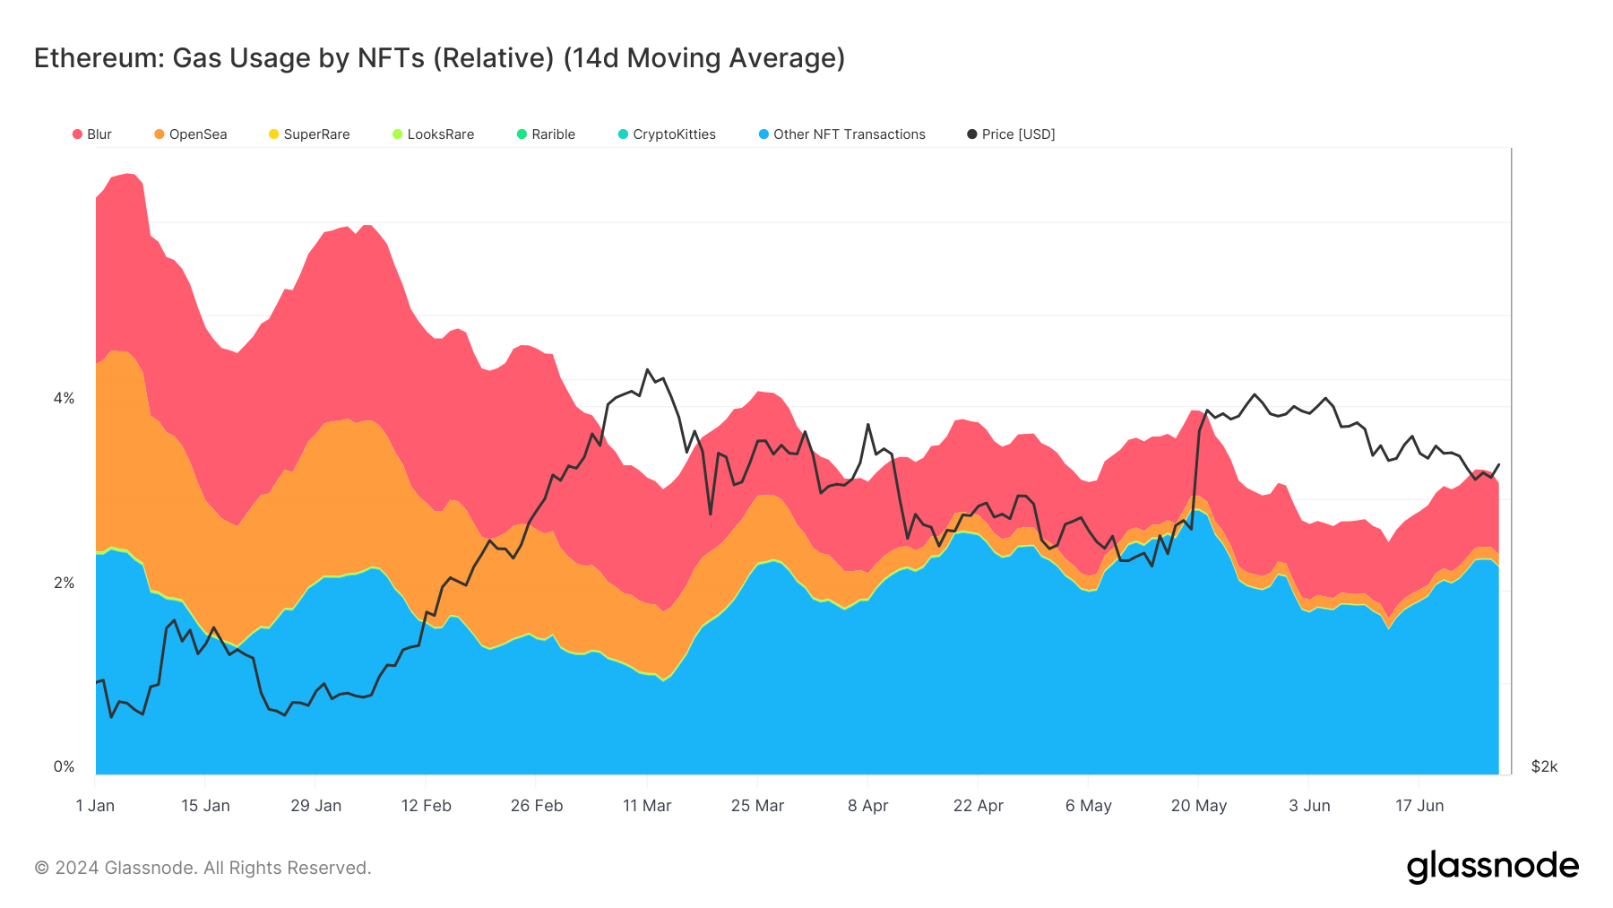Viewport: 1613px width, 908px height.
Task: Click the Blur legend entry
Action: click(92, 134)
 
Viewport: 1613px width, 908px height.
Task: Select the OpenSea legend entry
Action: click(191, 134)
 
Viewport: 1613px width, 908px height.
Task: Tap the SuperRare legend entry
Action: click(309, 134)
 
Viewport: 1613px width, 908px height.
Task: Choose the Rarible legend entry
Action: click(547, 134)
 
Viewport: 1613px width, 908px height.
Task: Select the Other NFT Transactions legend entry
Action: click(842, 134)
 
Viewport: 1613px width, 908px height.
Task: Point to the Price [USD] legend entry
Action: click(1012, 134)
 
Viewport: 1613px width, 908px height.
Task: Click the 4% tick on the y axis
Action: click(64, 398)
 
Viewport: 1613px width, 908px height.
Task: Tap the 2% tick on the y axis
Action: click(64, 583)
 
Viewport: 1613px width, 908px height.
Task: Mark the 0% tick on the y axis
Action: click(64, 766)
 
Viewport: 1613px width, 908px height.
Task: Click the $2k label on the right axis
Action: click(1544, 766)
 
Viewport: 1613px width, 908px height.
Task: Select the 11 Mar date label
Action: click(647, 806)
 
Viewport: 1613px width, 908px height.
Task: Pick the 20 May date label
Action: click(1198, 806)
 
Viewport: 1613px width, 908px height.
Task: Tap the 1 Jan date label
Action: click(95, 806)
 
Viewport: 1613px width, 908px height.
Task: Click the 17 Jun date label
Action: click(1419, 806)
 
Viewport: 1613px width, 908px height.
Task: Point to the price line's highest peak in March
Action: click(648, 369)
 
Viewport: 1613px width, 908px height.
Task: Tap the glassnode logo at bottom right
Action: click(1492, 867)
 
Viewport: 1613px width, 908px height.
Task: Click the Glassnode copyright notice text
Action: click(203, 868)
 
